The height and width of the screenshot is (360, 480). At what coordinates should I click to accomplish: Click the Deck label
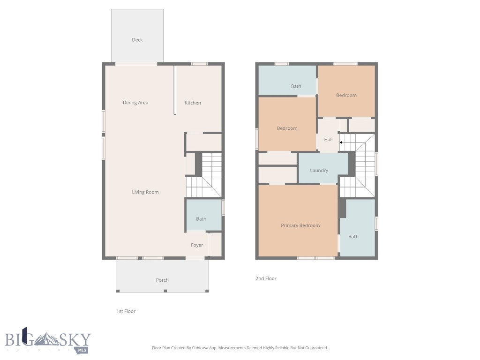137,40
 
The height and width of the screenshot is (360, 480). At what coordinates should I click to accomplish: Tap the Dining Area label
135,103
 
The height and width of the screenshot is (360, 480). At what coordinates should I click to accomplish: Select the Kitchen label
193,103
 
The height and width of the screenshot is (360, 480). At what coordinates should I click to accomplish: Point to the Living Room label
145,192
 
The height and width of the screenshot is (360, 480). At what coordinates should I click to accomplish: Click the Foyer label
197,245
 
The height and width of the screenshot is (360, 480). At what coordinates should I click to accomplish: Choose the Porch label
162,280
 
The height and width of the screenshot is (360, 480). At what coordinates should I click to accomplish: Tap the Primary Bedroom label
300,225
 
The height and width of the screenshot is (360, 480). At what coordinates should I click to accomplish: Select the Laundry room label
319,171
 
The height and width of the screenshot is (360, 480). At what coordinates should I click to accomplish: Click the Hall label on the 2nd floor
328,140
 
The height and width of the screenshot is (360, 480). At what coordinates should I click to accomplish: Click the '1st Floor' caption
126,311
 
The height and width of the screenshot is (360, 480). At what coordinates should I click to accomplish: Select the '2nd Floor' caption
266,278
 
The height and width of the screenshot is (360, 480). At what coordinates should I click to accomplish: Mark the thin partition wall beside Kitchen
175,90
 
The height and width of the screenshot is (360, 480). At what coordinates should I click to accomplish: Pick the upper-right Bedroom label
346,95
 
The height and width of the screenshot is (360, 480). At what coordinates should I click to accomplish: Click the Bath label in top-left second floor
296,86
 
